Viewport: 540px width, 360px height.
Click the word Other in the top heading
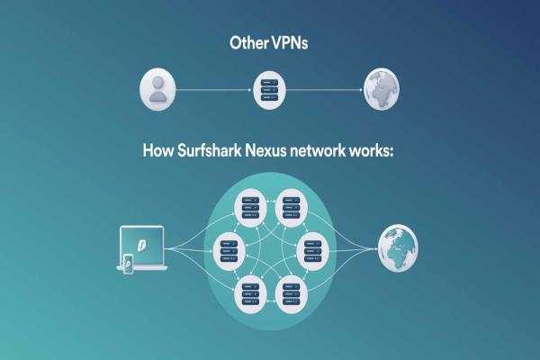[x=249, y=43]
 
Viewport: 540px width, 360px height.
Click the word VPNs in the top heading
[x=290, y=43]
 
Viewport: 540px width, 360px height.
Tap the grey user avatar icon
[x=157, y=90]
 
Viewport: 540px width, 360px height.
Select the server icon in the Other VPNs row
[x=269, y=90]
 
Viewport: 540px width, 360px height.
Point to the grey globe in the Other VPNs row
[x=382, y=89]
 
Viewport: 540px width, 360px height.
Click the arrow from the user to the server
[x=214, y=90]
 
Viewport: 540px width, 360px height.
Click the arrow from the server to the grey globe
[x=324, y=90]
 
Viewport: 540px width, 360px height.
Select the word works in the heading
[x=371, y=151]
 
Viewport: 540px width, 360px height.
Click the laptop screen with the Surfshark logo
[x=141, y=246]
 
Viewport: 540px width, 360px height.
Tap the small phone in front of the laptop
[x=128, y=264]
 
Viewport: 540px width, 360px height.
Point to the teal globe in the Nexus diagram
[x=398, y=248]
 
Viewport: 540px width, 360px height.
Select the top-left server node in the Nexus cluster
[x=250, y=208]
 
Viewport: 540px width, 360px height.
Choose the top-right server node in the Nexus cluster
[x=292, y=208]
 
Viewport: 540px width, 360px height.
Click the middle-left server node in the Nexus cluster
[x=229, y=251]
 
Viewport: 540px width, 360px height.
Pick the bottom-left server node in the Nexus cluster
[x=250, y=294]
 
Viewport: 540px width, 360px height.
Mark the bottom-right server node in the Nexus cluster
[x=292, y=294]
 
